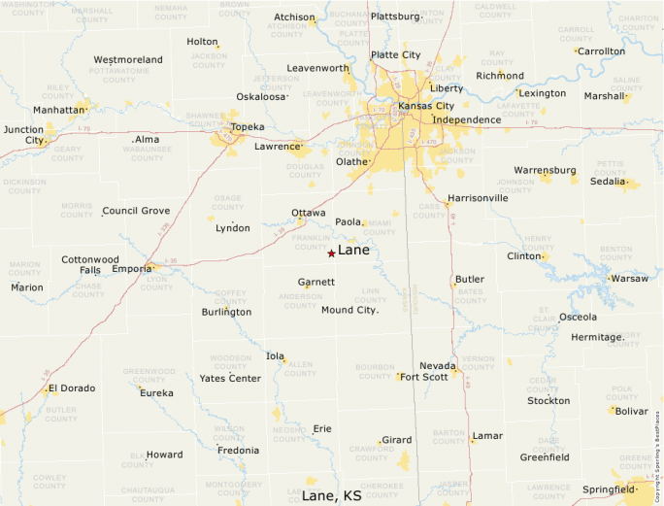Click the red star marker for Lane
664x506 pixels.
coord(331,253)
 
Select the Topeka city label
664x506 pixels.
coord(248,127)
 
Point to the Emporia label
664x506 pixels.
coord(131,269)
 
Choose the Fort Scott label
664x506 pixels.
coord(423,377)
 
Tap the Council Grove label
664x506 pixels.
coord(136,211)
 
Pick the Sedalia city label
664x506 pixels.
coord(607,182)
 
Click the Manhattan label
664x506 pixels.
coord(59,110)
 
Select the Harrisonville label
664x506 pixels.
coord(478,198)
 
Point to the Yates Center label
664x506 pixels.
coord(230,378)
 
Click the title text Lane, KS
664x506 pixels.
coord(331,495)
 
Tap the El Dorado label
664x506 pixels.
coord(72,388)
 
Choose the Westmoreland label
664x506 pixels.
coord(128,60)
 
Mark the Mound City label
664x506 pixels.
coord(349,310)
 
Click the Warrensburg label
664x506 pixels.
coord(545,171)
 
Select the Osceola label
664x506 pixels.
coord(578,317)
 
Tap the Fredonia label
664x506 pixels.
coord(238,451)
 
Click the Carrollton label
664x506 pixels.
coord(602,51)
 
